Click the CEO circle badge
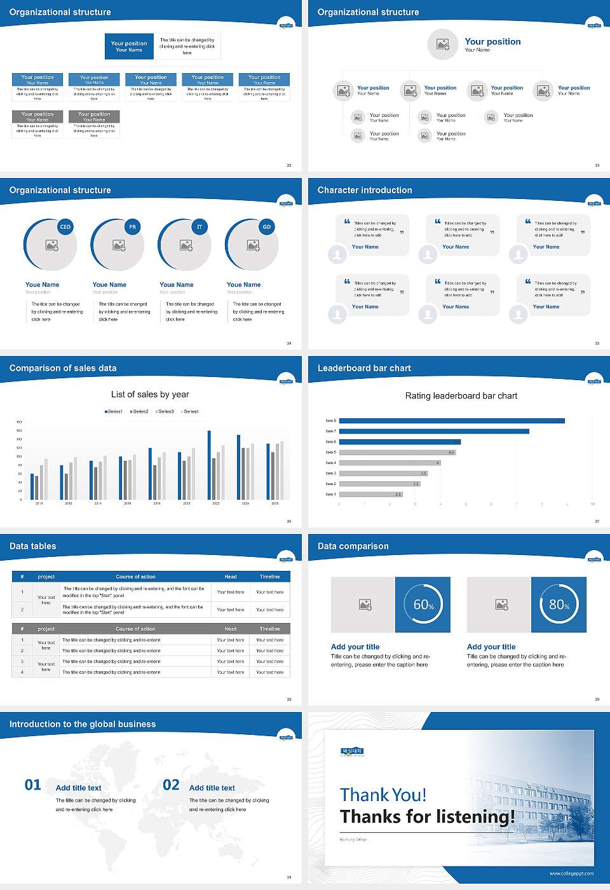[x=65, y=227]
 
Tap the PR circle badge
[x=132, y=227]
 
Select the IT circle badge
[x=200, y=227]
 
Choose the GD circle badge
[x=267, y=227]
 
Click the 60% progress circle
[x=423, y=605]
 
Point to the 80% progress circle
[x=559, y=605]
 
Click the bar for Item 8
[x=452, y=421]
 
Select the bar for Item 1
[x=371, y=494]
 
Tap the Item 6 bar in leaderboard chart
[x=400, y=442]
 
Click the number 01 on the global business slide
[x=33, y=785]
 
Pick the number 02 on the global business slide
[x=171, y=785]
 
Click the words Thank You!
[x=383, y=795]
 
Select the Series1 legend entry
[x=114, y=411]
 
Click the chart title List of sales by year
[x=150, y=394]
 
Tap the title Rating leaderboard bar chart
[x=461, y=395]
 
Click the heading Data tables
[x=33, y=546]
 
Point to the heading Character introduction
[x=365, y=190]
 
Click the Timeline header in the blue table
[x=269, y=577]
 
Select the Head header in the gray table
[x=230, y=629]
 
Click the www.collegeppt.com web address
[x=571, y=873]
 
